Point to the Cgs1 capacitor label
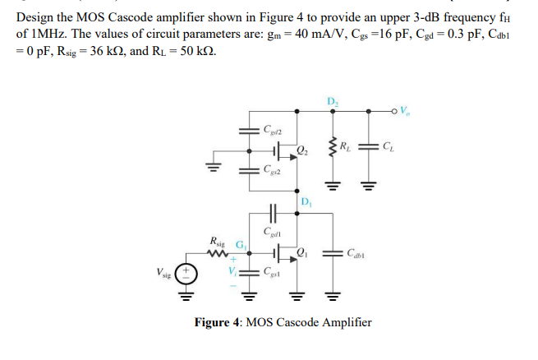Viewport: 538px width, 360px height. point(273,272)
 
